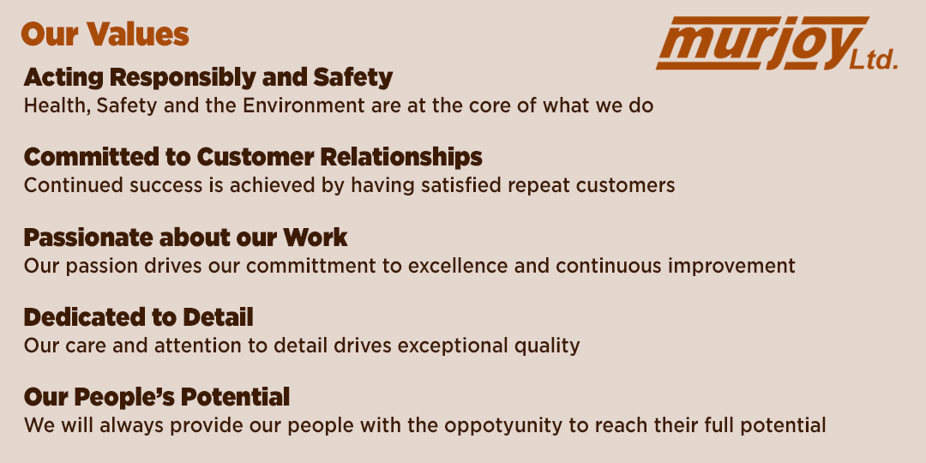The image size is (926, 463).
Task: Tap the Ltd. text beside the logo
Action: [x=874, y=60]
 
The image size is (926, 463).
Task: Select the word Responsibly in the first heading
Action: [x=183, y=78]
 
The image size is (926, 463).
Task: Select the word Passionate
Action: [x=88, y=238]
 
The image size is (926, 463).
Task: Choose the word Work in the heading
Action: [x=315, y=238]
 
